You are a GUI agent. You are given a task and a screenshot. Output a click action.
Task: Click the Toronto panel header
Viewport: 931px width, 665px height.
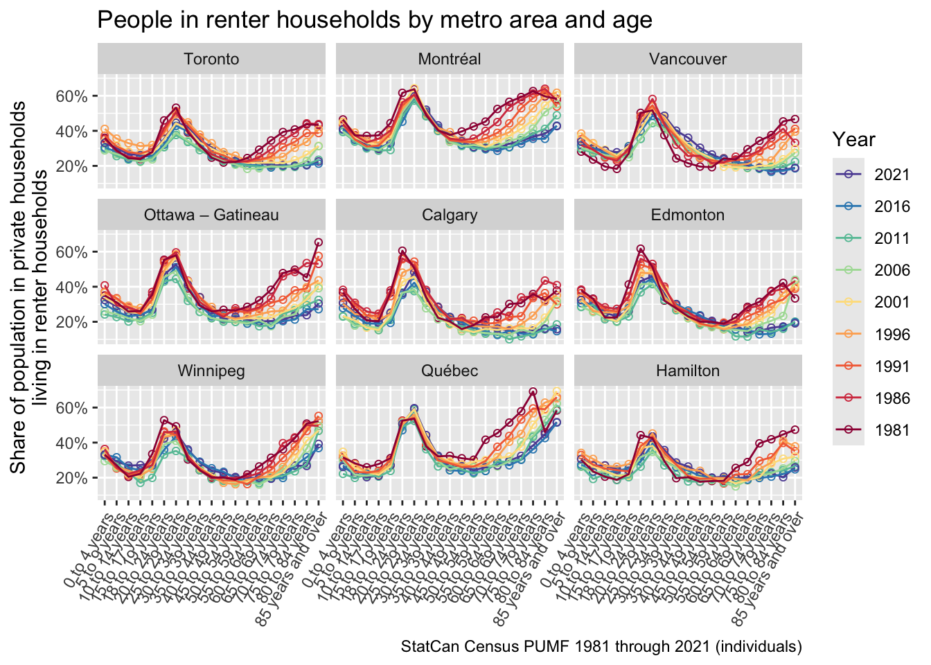(x=211, y=59)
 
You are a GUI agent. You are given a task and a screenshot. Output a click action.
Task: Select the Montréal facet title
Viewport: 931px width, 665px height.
(x=450, y=59)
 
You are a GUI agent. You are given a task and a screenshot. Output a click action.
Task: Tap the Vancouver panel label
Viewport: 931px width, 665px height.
(x=688, y=59)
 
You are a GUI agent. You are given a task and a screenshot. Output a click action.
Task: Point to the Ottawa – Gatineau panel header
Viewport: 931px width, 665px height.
(x=211, y=215)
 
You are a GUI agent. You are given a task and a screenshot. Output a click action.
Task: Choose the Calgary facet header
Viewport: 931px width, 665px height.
(x=450, y=215)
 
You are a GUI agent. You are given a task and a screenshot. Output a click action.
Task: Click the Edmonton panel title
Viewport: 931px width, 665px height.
(x=688, y=215)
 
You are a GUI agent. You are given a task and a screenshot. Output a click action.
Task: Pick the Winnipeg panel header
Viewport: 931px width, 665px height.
(x=211, y=371)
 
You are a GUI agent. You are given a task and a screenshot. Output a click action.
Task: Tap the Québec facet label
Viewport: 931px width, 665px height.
(x=450, y=371)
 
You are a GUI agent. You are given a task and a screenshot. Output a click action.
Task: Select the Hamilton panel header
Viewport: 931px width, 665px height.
(x=688, y=371)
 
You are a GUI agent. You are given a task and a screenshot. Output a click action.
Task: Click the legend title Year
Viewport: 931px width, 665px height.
(x=854, y=140)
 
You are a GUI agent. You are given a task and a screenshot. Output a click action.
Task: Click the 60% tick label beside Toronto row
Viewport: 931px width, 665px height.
(x=71, y=96)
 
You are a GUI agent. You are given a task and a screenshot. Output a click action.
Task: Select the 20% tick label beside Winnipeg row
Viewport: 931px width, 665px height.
(x=71, y=478)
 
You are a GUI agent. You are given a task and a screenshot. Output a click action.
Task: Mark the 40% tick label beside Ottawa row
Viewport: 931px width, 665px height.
(x=71, y=287)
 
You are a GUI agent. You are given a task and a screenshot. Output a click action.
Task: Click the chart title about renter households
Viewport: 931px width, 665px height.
(x=374, y=20)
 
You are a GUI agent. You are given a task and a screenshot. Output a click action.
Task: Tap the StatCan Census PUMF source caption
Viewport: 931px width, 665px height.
(x=601, y=647)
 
